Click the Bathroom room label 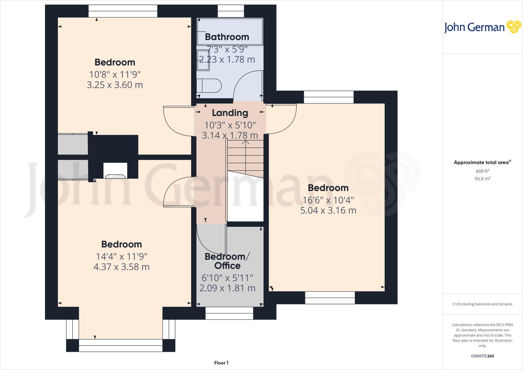pyautogui.click(x=227, y=37)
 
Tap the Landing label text pyautogui.click(x=230, y=113)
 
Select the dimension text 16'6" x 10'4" pyautogui.click(x=328, y=200)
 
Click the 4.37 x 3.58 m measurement pyautogui.click(x=121, y=267)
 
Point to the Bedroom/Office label pyautogui.click(x=227, y=261)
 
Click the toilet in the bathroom pyautogui.click(x=209, y=86)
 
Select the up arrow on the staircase pyautogui.click(x=245, y=143)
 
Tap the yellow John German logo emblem pyautogui.click(x=514, y=27)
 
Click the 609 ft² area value pyautogui.click(x=482, y=171)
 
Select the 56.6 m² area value pyautogui.click(x=482, y=179)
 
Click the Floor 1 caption pyautogui.click(x=221, y=363)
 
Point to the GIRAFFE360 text pyautogui.click(x=482, y=356)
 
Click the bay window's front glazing pyautogui.click(x=121, y=345)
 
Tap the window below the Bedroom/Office pyautogui.click(x=229, y=313)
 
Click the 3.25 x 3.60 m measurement pyautogui.click(x=115, y=85)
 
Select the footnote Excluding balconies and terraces pyautogui.click(x=482, y=304)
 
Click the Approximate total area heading pyautogui.click(x=481, y=163)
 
